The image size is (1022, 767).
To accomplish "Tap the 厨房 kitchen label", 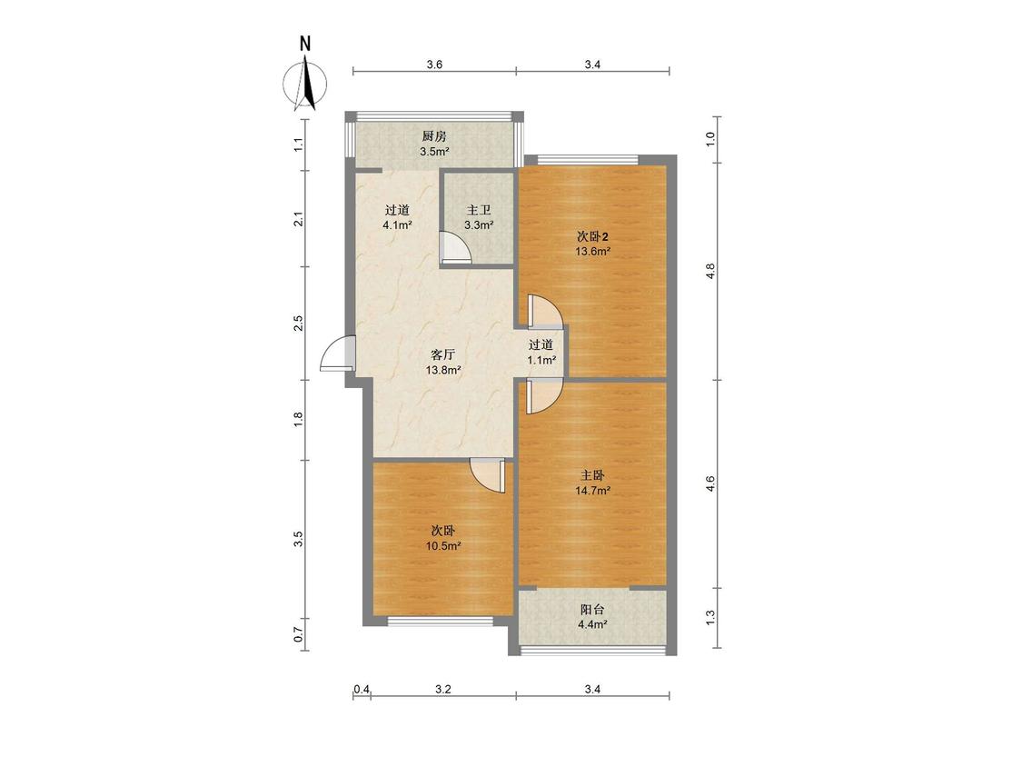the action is (434, 136).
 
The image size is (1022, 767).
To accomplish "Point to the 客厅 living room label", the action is (443, 354).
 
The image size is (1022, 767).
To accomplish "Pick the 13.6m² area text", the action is (592, 251).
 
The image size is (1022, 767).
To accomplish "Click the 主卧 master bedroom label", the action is (592, 475).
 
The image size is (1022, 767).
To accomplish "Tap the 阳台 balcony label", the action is (592, 609).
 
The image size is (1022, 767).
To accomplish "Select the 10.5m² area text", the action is (444, 546).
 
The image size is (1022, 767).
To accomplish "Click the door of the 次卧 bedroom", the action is (487, 474).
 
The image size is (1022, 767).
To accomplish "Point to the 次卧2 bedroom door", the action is (545, 311).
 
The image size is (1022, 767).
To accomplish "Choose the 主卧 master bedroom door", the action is (543, 396).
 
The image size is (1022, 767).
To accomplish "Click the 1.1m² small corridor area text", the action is (541, 359).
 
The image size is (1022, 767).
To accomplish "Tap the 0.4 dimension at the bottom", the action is (362, 689).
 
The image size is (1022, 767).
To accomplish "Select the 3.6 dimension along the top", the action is (435, 64).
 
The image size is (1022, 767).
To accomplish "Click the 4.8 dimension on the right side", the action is (711, 271).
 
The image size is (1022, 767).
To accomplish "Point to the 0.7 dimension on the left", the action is (299, 634).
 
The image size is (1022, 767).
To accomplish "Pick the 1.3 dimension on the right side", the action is (711, 615).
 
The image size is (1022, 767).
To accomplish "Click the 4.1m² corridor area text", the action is (397, 225).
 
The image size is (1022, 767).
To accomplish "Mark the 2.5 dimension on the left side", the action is (299, 323).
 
